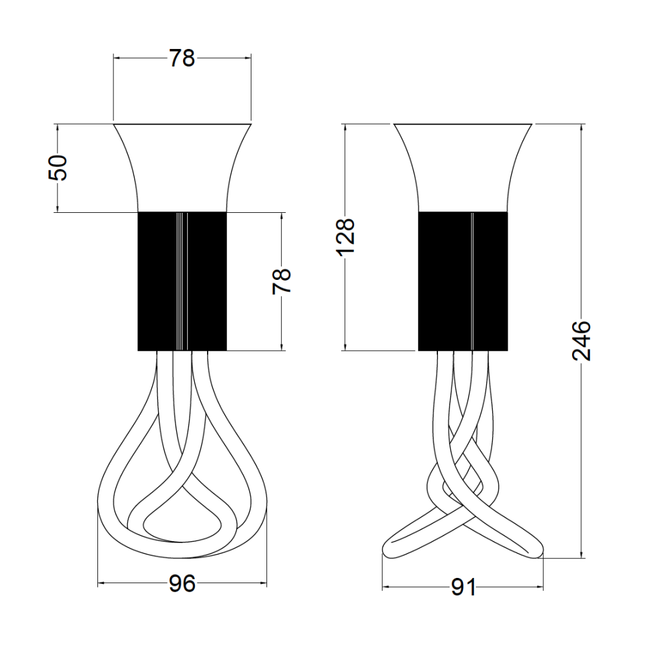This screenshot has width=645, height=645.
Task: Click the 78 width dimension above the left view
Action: tap(182, 58)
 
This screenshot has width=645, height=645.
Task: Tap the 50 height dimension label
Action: tap(58, 168)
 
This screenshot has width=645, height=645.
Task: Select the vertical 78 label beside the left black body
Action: tap(282, 281)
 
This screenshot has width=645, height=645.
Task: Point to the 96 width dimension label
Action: tap(182, 583)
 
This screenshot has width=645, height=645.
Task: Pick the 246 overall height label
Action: tap(582, 341)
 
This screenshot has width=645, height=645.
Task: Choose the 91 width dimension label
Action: tap(463, 587)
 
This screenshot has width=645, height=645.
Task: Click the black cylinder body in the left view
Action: tap(182, 281)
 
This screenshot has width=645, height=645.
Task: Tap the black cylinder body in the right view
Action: tap(462, 281)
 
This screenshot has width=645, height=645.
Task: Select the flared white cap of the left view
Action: tap(182, 168)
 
